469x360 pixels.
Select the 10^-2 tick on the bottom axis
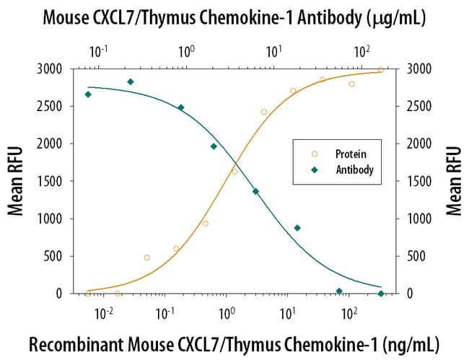(x=104, y=309)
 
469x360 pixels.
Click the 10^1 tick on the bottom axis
(x=288, y=309)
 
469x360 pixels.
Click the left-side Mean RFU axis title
(x=15, y=180)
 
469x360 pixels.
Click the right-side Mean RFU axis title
(x=453, y=180)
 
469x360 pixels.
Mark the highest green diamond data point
(x=131, y=82)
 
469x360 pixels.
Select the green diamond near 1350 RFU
(x=255, y=191)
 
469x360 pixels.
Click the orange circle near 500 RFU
(x=147, y=258)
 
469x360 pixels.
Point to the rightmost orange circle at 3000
(x=381, y=70)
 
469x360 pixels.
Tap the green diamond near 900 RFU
(x=297, y=228)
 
